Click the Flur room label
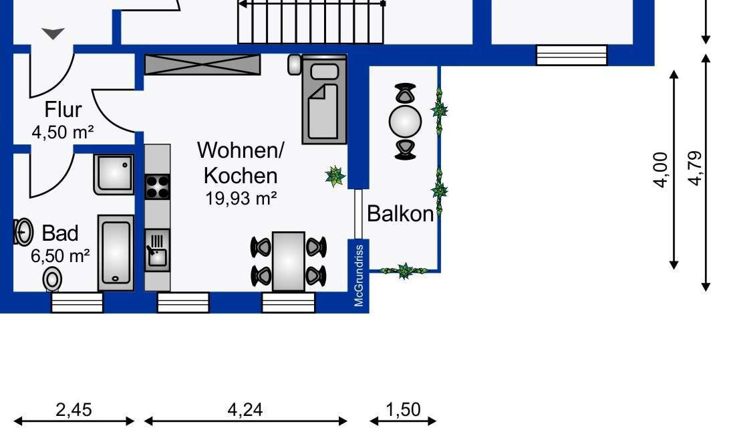pyautogui.click(x=63, y=110)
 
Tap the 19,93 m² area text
pyautogui.click(x=241, y=199)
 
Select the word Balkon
pyautogui.click(x=400, y=214)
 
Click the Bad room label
pyautogui.click(x=60, y=233)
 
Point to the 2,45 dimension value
pyautogui.click(x=73, y=409)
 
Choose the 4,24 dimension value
pyautogui.click(x=245, y=409)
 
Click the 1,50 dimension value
pyautogui.click(x=404, y=409)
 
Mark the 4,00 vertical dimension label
pyautogui.click(x=660, y=171)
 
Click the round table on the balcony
pyautogui.click(x=405, y=122)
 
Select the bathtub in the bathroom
pyautogui.click(x=116, y=253)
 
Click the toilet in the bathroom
pyautogui.click(x=52, y=278)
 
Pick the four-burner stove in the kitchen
pyautogui.click(x=158, y=186)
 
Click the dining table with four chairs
pyautogui.click(x=289, y=261)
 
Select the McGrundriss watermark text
pyautogui.click(x=359, y=275)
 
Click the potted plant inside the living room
pyautogui.click(x=335, y=176)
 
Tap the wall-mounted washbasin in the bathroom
pyautogui.click(x=24, y=233)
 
